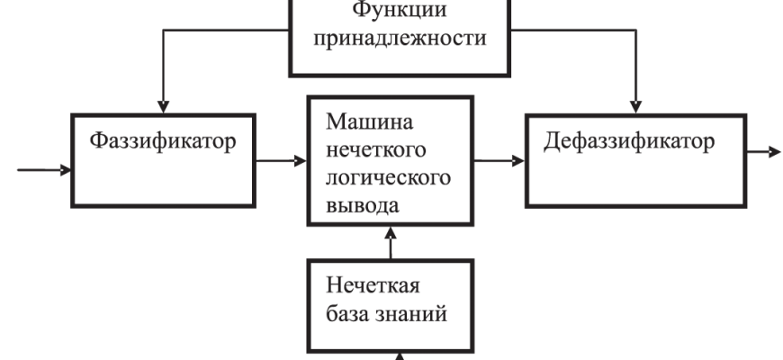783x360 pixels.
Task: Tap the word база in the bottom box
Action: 346,315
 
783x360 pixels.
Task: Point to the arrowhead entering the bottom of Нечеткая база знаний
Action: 402,355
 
